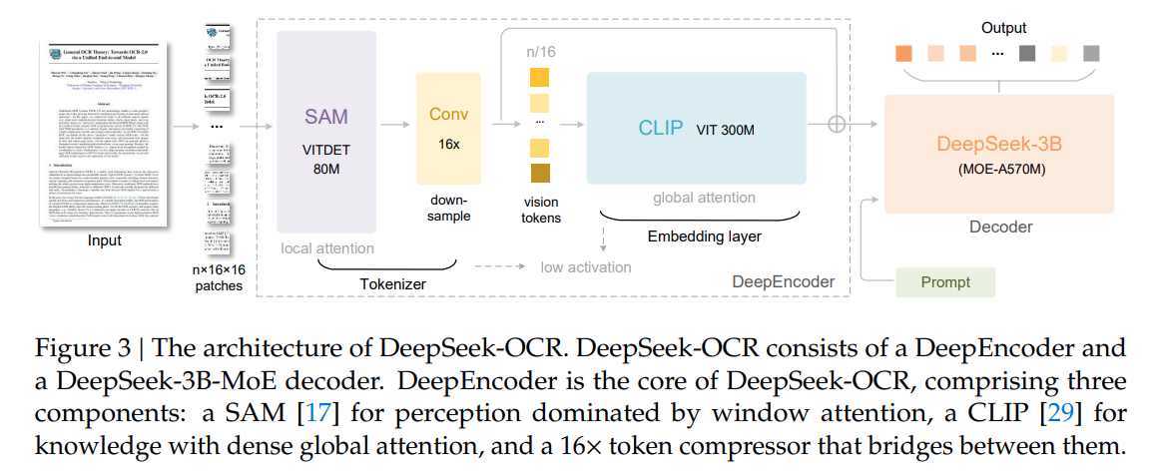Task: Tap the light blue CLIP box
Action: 697,127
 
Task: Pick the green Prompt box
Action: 945,282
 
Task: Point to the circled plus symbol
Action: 837,124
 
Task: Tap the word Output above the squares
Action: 1002,28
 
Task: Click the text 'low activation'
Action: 587,266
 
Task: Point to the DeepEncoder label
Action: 783,282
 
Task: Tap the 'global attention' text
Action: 703,198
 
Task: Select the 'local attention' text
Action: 327,247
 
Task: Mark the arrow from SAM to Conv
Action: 395,124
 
